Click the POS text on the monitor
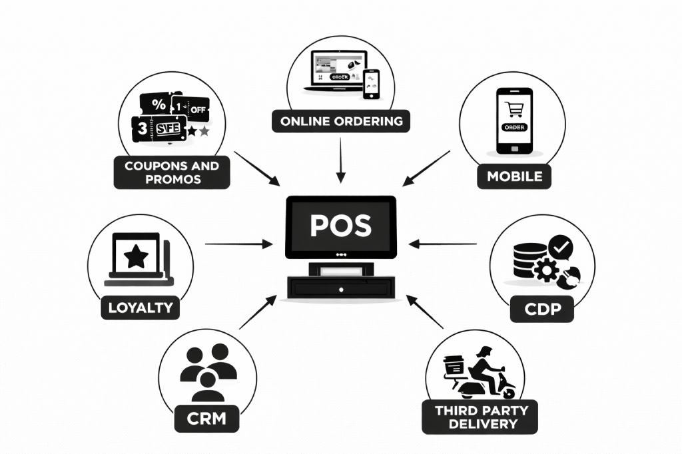pos(340,225)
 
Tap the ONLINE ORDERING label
pos(341,122)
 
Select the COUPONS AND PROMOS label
pos(172,172)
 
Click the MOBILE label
pos(514,176)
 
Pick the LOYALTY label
pos(140,308)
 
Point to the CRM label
pos(206,419)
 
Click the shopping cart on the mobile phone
pos(513,109)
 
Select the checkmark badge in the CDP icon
pos(561,248)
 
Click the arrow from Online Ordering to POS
pos(340,160)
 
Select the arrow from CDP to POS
pos(443,244)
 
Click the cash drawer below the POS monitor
pos(340,288)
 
